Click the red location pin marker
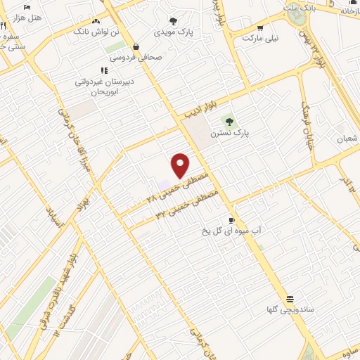181,165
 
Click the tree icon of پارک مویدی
174,21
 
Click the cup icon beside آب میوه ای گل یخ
231,220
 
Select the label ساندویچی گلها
289,309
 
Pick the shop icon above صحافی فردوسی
135,48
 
